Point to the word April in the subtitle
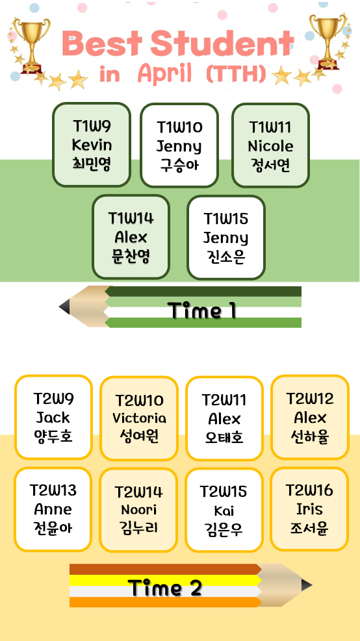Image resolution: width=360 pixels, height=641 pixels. pyautogui.click(x=164, y=74)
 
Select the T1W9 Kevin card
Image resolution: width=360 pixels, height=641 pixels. pyautogui.click(x=92, y=145)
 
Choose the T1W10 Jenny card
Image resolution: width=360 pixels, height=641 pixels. pyautogui.click(x=179, y=145)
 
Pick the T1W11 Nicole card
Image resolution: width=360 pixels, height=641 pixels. pyautogui.click(x=270, y=145)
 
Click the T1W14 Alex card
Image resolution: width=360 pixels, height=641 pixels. pyautogui.click(x=131, y=237)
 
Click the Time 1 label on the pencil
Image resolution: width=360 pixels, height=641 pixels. pyautogui.click(x=203, y=310)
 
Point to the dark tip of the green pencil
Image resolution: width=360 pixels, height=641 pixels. pyautogui.click(x=64, y=307)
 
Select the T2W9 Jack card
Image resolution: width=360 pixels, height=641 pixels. pyautogui.click(x=53, y=418)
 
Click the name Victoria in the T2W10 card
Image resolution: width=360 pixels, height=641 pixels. pyautogui.click(x=139, y=418)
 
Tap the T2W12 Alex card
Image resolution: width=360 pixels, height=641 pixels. pyautogui.click(x=310, y=418)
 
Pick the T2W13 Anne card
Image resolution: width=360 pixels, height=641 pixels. pyautogui.click(x=53, y=509)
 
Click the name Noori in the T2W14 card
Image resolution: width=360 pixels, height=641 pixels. pyautogui.click(x=138, y=510)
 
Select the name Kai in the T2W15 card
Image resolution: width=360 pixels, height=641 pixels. pyautogui.click(x=224, y=510)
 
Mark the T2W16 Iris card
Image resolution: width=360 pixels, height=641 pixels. pyautogui.click(x=309, y=509)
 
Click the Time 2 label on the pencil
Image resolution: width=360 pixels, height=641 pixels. pyautogui.click(x=165, y=588)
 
